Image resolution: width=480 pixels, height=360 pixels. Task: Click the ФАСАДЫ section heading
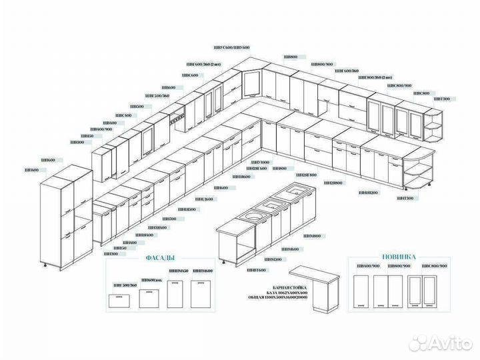[x=159, y=258]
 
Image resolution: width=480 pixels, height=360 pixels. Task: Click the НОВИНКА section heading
[x=399, y=256]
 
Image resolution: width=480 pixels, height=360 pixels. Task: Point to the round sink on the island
[x=252, y=216]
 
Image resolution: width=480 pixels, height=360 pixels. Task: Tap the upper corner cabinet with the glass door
[x=252, y=86]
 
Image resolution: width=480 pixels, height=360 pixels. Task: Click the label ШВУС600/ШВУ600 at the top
[x=231, y=48]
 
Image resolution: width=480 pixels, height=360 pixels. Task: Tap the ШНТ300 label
[x=405, y=198]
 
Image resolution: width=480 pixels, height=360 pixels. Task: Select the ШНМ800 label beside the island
[x=312, y=236]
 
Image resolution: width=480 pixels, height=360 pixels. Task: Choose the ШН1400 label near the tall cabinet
[x=31, y=170]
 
